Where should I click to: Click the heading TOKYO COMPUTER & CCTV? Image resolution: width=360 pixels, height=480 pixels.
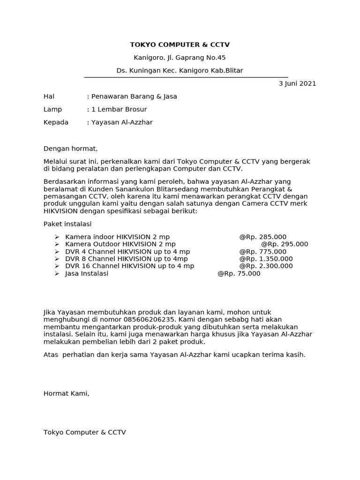tap(180, 45)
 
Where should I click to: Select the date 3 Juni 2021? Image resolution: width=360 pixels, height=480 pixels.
tap(297, 84)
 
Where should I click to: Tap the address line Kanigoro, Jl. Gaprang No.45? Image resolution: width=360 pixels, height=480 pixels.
tap(180, 58)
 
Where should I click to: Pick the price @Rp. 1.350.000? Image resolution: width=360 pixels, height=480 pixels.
tap(266, 259)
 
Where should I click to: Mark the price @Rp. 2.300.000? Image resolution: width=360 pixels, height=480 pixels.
tap(266, 266)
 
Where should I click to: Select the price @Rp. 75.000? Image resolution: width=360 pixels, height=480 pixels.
tap(239, 274)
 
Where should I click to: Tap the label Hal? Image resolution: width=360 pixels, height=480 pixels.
tap(49, 97)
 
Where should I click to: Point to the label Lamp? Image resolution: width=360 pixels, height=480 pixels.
tap(52, 110)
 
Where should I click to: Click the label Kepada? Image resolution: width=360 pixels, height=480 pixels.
tap(56, 122)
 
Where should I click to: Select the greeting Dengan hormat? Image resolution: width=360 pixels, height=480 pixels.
tap(70, 149)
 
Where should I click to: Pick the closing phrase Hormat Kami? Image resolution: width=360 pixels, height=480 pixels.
tap(66, 394)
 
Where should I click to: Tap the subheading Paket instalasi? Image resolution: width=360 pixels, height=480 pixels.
tap(67, 224)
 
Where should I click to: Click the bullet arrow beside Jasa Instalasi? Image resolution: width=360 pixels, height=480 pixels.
tap(57, 274)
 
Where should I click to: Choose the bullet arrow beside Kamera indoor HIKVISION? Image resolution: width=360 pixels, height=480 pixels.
tap(57, 237)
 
